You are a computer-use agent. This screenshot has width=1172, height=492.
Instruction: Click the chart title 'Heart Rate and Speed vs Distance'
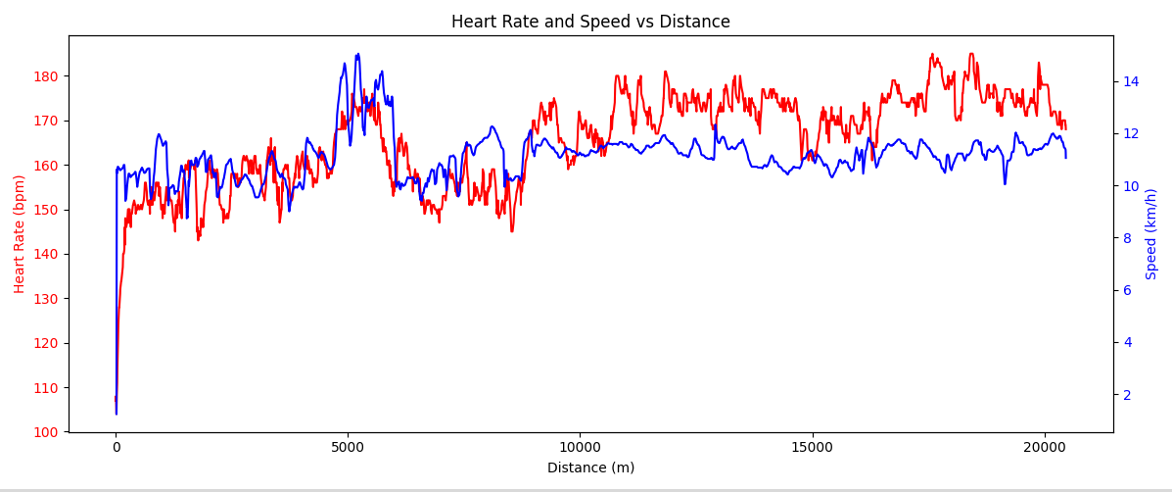(x=590, y=22)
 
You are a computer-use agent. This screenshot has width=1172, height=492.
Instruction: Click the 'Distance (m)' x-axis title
(x=590, y=468)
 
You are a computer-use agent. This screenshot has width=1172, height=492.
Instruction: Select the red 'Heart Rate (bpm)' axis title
(x=20, y=234)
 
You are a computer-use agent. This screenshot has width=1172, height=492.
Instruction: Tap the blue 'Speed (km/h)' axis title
(x=1151, y=234)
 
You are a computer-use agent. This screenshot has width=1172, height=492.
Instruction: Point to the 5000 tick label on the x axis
(x=348, y=447)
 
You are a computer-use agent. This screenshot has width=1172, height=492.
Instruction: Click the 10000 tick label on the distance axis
(x=580, y=447)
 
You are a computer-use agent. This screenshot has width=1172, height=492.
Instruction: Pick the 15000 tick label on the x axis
(x=812, y=447)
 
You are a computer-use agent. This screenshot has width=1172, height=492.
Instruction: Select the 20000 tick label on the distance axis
(x=1044, y=447)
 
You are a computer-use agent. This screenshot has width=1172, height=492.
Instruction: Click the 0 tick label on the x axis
(x=116, y=447)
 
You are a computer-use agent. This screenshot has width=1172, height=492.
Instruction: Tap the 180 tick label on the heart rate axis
(x=48, y=76)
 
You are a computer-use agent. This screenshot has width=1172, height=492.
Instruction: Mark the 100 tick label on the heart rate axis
(x=48, y=432)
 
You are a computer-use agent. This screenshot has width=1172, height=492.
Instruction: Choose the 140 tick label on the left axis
(x=48, y=255)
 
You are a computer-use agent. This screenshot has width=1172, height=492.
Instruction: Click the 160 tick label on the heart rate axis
(x=48, y=166)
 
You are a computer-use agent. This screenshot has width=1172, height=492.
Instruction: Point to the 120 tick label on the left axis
(x=48, y=343)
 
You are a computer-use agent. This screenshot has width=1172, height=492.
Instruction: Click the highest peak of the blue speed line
(x=358, y=54)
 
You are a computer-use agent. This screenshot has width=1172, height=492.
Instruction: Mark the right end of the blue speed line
(x=1065, y=157)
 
